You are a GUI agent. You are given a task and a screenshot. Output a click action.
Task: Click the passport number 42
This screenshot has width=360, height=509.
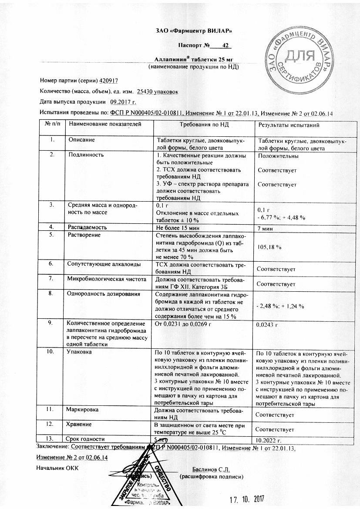[x=225, y=45]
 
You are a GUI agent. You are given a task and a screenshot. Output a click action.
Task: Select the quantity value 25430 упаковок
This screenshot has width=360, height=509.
[x=157, y=91]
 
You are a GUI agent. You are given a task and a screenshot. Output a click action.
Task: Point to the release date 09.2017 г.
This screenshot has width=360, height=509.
[x=123, y=102]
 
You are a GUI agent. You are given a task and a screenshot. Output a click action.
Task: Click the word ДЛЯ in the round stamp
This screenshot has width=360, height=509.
[x=299, y=57]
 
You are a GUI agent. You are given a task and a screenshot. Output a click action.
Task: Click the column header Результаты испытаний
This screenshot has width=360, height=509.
[x=289, y=125]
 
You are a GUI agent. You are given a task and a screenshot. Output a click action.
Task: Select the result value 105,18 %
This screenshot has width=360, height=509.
[x=269, y=247]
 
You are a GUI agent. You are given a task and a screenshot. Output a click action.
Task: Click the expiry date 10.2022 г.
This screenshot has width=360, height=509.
[x=270, y=440]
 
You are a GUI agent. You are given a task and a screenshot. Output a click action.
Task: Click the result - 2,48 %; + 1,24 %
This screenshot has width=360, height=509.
[x=280, y=306]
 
